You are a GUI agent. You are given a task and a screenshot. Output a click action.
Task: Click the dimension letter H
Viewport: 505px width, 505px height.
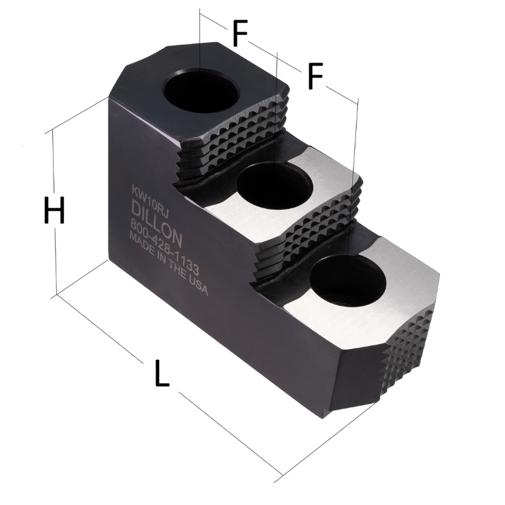pos(54,210)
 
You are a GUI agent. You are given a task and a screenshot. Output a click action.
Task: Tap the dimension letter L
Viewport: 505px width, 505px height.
pos(162,373)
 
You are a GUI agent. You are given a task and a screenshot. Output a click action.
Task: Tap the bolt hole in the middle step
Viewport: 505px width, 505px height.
pos(274,184)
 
